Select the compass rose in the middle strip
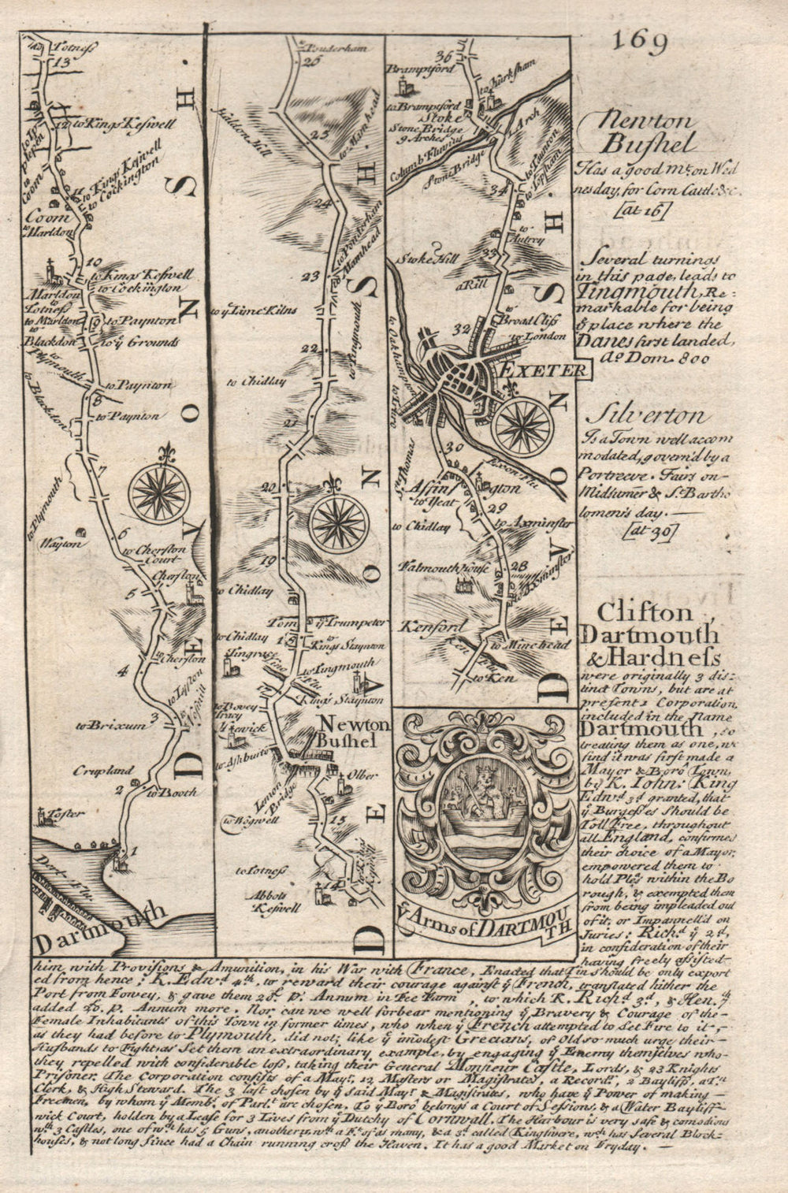tap(339, 522)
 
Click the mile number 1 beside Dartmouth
tap(134, 850)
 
